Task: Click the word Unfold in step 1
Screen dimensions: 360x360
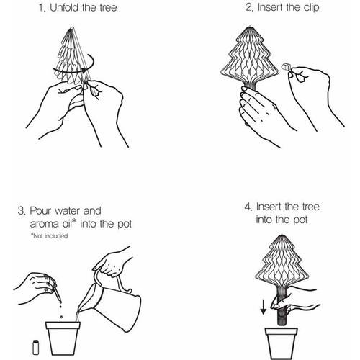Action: pos(65,8)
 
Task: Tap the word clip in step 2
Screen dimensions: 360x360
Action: pos(311,7)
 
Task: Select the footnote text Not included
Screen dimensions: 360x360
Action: pos(49,236)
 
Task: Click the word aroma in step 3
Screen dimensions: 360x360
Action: pos(45,224)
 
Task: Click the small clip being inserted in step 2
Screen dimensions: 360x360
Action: pos(285,66)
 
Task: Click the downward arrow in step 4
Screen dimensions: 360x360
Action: pos(264,307)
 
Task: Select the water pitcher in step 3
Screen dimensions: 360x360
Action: pos(109,301)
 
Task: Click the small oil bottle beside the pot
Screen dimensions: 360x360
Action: pos(35,347)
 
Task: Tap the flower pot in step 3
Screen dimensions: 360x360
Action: pos(63,338)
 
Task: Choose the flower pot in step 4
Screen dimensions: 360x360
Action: pos(282,343)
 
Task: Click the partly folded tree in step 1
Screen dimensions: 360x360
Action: pos(72,56)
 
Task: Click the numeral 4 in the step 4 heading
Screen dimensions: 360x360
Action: pos(248,207)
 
